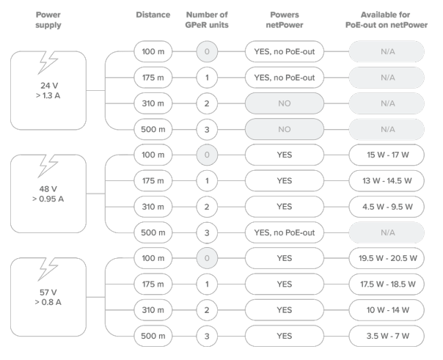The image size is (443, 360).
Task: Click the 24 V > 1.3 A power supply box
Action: coord(48,90)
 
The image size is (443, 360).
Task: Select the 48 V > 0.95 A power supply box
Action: coord(48,194)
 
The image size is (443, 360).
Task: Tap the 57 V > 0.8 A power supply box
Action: coord(48,297)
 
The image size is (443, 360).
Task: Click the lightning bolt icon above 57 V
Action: coord(48,269)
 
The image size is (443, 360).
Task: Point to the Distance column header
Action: coord(153,15)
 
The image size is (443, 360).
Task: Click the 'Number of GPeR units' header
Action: coord(207,20)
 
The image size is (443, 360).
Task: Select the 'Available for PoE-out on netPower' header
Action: coord(387,20)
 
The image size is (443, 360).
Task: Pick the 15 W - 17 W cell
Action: coord(387,155)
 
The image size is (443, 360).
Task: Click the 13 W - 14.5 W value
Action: coord(387,180)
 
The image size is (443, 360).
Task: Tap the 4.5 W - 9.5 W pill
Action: coord(387,207)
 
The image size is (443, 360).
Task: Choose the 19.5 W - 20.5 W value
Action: coord(387,258)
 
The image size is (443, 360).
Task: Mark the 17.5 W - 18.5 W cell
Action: coord(387,284)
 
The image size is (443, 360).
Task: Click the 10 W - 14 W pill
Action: coord(387,310)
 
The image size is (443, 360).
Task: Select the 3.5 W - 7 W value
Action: coord(387,336)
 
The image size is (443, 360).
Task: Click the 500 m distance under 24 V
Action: coord(153,129)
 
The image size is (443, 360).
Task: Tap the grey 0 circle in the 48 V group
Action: coord(207,155)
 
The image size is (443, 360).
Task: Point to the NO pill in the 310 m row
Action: coord(285,103)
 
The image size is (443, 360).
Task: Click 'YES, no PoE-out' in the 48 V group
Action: coord(285,232)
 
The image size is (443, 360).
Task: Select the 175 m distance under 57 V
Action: coord(153,284)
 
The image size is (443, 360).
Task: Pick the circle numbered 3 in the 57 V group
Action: coord(207,336)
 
